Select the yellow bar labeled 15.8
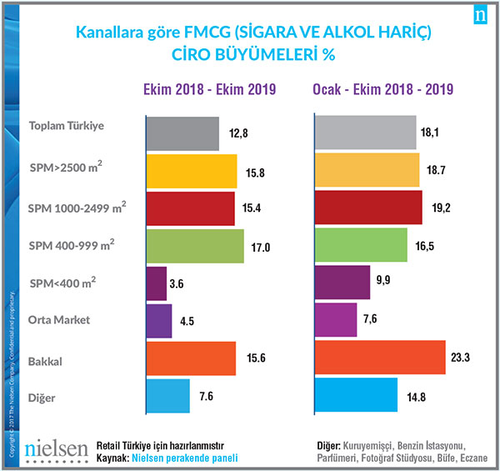191,171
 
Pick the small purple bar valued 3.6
156,283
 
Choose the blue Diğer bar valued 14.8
357,394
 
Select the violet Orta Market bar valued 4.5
157,320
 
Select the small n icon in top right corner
480,16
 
